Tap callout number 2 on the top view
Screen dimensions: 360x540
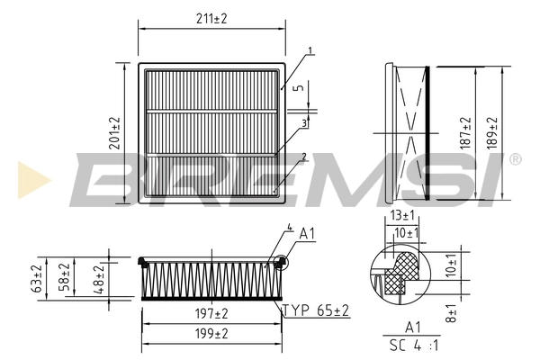coord(304,156)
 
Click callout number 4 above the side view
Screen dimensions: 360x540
coord(289,229)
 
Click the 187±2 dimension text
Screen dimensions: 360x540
coord(464,133)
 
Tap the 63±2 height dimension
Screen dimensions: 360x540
coord(37,279)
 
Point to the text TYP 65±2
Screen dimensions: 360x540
coord(315,310)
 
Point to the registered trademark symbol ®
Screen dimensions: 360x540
coord(515,159)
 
